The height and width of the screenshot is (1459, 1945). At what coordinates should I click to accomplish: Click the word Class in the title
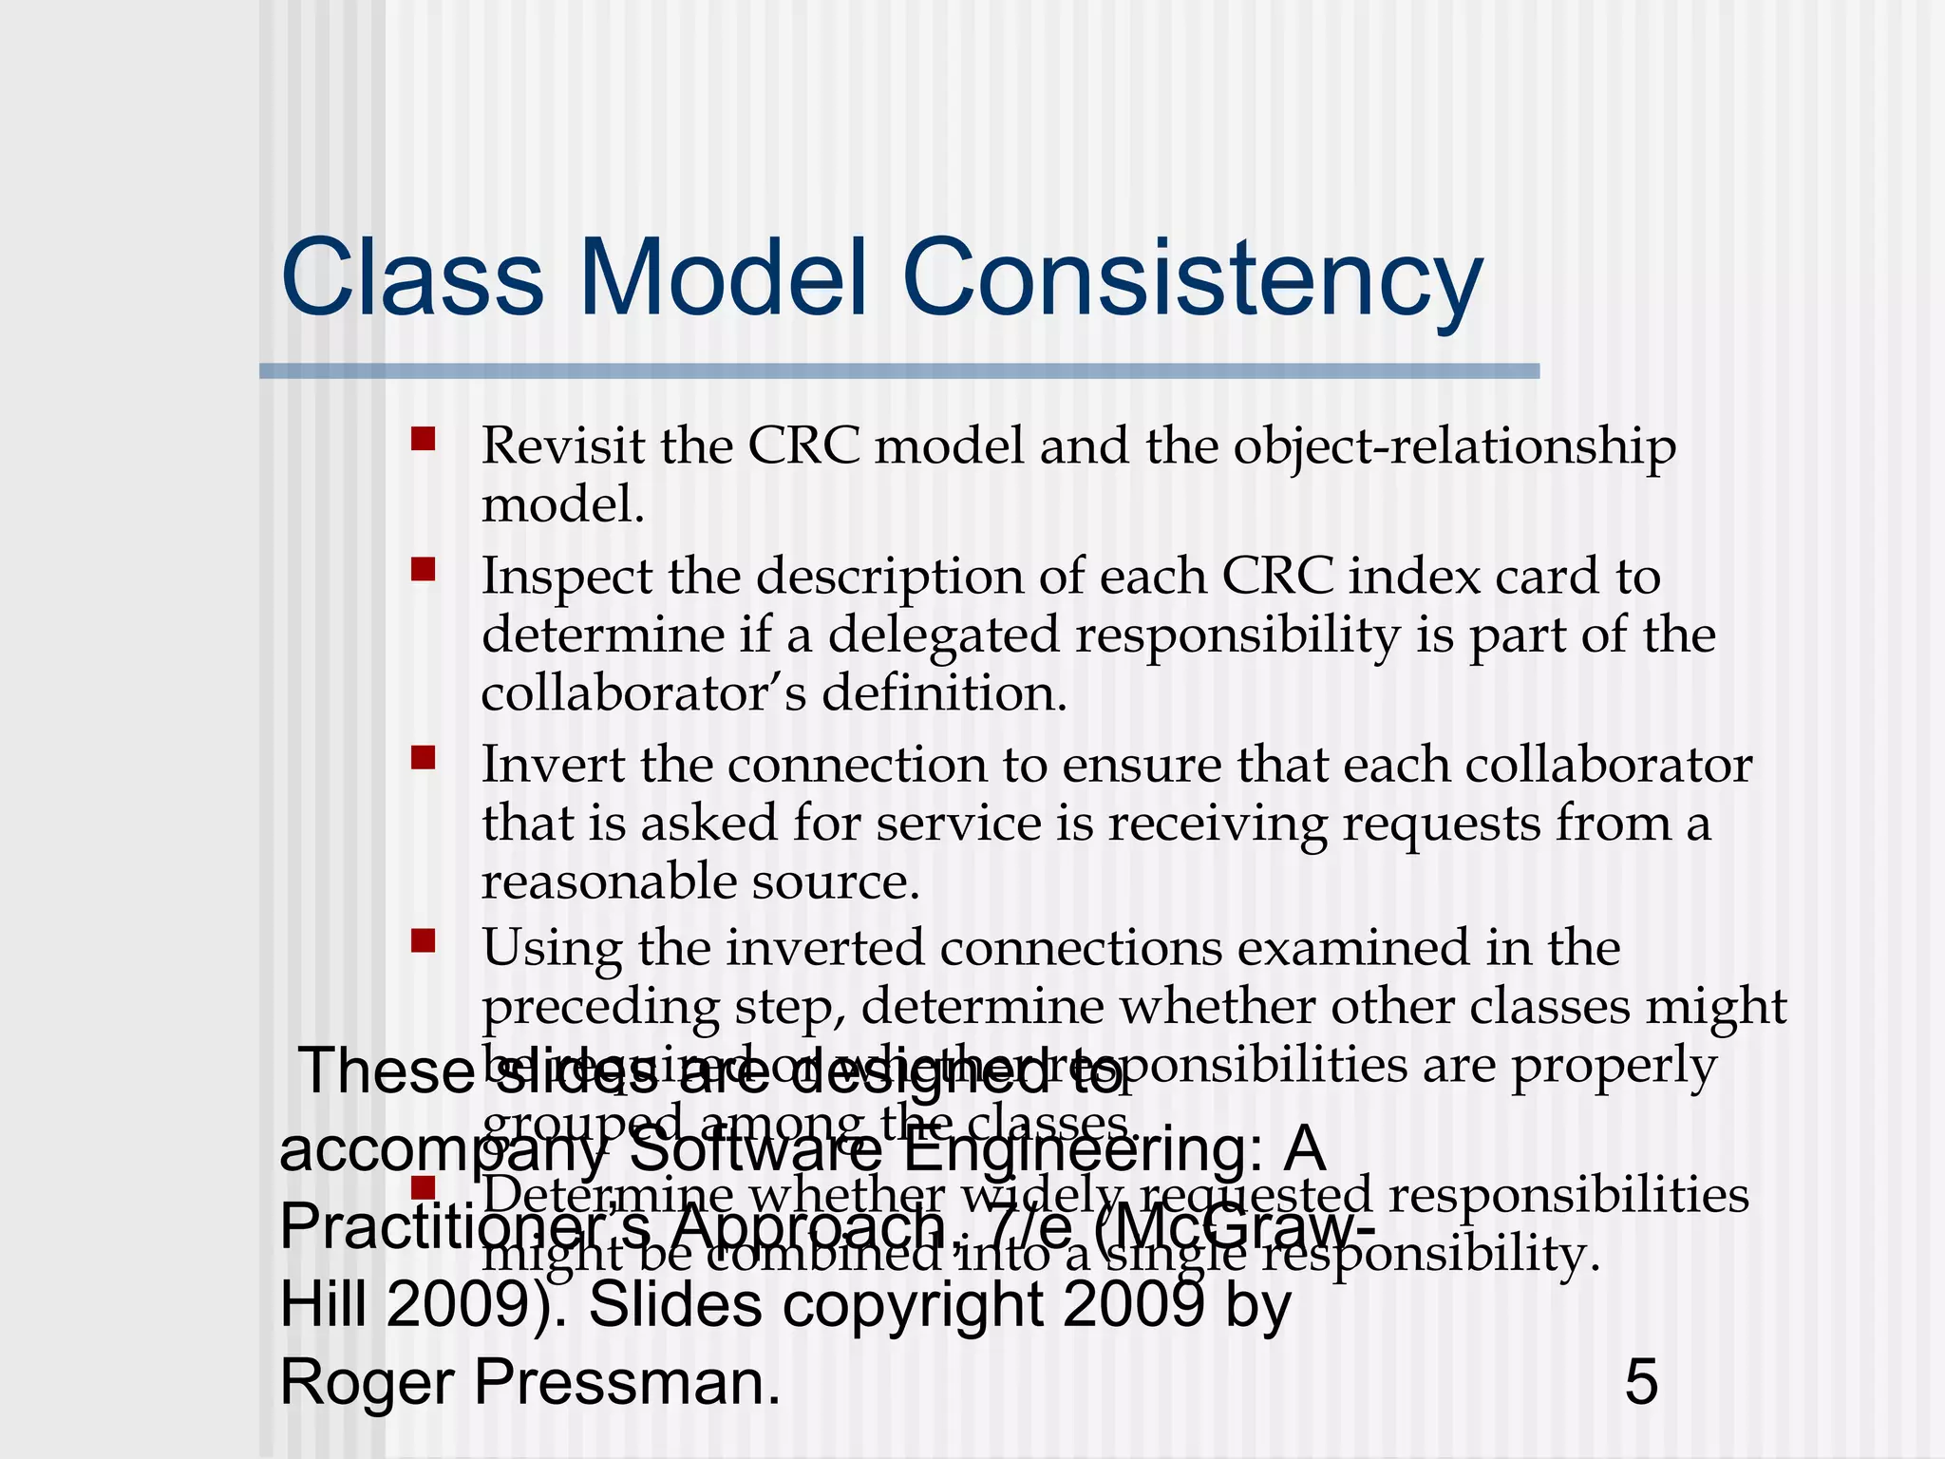(x=411, y=278)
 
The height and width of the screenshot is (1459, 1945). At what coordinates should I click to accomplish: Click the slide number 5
(x=1641, y=1382)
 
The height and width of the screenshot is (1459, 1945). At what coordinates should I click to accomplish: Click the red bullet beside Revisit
(x=423, y=439)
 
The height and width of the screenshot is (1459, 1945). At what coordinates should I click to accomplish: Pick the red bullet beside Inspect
(x=423, y=569)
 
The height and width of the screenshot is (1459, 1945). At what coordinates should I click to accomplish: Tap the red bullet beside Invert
(x=423, y=757)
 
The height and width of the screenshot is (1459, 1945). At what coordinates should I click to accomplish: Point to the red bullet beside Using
(x=423, y=940)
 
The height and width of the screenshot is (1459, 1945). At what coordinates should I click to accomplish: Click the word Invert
(x=553, y=765)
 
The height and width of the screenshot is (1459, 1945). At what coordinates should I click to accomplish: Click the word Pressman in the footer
(x=626, y=1382)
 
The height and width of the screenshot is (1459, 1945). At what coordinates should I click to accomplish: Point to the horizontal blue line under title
(x=898, y=371)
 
